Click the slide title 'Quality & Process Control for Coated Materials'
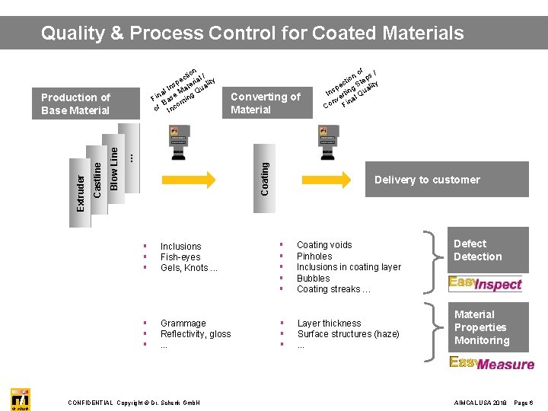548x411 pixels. (x=252, y=33)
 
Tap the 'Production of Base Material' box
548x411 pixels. (x=76, y=104)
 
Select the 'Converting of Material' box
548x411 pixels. (x=265, y=104)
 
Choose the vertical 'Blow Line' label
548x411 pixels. (x=114, y=169)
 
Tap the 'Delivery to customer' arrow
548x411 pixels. (x=427, y=180)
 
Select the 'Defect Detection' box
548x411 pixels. (x=485, y=250)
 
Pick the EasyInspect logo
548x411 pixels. (x=485, y=284)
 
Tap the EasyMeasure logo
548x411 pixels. (x=491, y=363)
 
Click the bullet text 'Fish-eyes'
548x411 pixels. (x=180, y=257)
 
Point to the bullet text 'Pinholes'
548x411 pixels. (x=314, y=256)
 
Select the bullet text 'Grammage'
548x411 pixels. (x=183, y=323)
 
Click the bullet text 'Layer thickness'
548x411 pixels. (x=329, y=323)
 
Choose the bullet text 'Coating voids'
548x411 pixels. (x=324, y=245)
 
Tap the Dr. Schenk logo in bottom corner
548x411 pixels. (x=20, y=399)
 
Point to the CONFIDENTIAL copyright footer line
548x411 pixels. (x=134, y=402)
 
